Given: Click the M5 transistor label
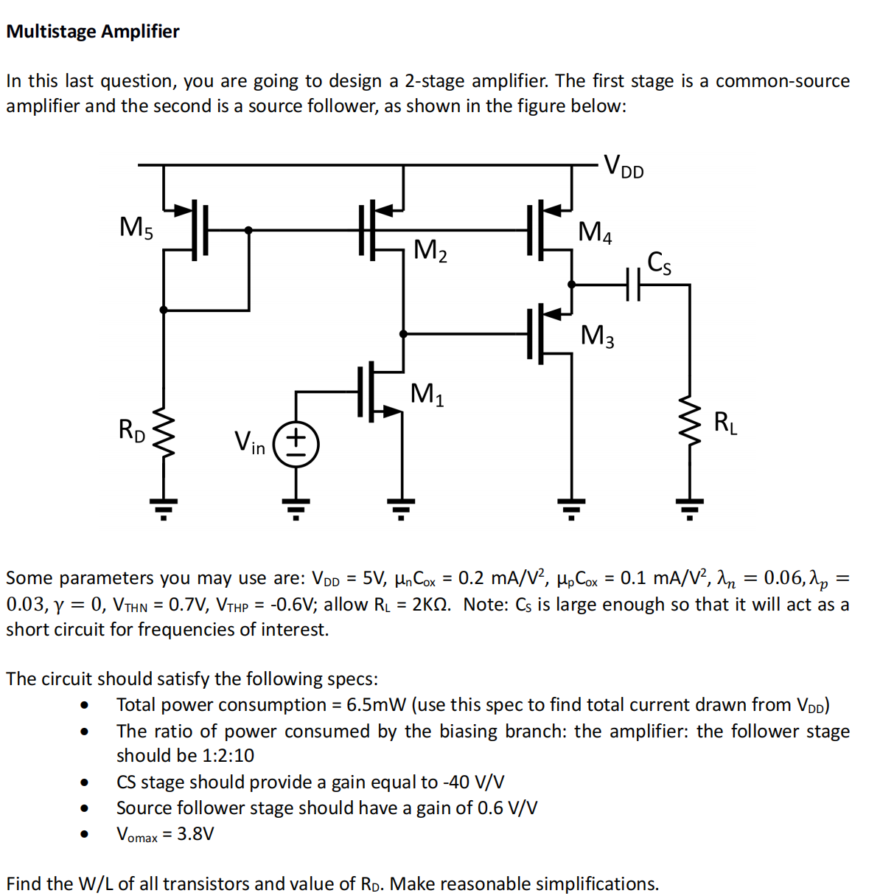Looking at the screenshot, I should (136, 227).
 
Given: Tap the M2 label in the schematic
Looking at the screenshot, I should (430, 251).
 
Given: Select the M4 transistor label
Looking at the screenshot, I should (595, 232).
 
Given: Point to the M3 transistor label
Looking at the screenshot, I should (597, 336).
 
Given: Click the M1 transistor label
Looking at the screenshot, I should (427, 394).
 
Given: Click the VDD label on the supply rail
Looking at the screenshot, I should (624, 166).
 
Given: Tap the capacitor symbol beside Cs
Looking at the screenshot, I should (633, 284).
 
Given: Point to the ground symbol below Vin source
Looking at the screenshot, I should (296, 507).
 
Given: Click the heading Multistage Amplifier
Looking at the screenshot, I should (93, 32).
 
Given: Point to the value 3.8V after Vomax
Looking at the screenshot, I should (195, 834).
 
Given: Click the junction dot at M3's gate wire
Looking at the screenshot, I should (403, 334).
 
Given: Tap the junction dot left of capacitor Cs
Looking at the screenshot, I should (572, 284).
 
